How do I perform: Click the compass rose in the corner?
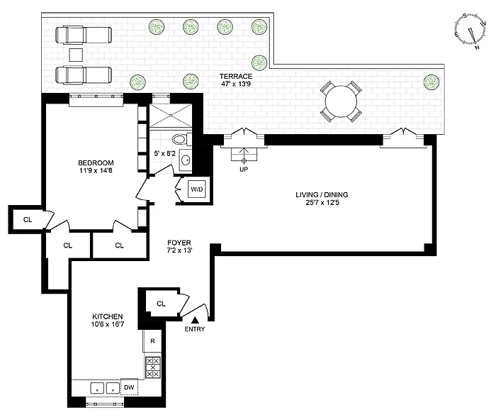tap(470, 33)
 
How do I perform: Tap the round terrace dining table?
tap(342, 101)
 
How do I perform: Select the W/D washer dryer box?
tap(197, 189)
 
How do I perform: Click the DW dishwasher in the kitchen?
tap(130, 387)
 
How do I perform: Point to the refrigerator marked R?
tap(152, 341)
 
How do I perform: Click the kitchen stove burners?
tap(153, 367)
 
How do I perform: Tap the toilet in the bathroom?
tap(182, 139)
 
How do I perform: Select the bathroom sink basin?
tap(186, 160)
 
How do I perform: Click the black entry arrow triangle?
tap(195, 320)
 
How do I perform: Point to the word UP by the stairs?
tap(244, 170)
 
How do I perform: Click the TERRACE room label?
tap(236, 77)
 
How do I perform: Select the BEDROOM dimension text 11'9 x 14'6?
tap(96, 171)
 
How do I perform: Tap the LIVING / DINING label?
tap(322, 195)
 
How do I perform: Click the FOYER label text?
tap(179, 243)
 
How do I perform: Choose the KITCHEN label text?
tap(108, 316)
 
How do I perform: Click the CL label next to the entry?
tap(161, 304)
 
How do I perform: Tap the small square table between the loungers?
tap(76, 55)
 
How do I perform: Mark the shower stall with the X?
tap(171, 116)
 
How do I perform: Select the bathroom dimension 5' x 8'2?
tap(164, 154)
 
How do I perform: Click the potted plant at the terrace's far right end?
tap(432, 82)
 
